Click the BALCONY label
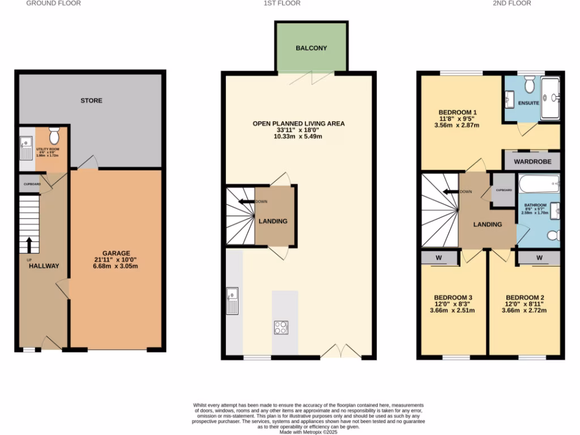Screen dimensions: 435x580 pyautogui.click(x=311, y=48)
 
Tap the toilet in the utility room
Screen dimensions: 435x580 pyautogui.click(x=54, y=136)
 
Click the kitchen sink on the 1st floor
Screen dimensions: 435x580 pyautogui.click(x=232, y=300)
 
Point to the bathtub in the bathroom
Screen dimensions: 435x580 pyautogui.click(x=539, y=184)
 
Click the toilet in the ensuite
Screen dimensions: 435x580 pyautogui.click(x=530, y=85)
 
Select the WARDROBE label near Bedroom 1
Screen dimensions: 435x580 pyautogui.click(x=532, y=161)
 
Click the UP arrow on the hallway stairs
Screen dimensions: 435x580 pyautogui.click(x=29, y=245)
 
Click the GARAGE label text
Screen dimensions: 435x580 pyautogui.click(x=116, y=253)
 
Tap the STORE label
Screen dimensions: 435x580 pyautogui.click(x=91, y=101)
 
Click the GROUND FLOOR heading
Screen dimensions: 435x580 pyautogui.click(x=54, y=3)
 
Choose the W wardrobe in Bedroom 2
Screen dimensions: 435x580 pyautogui.click(x=539, y=258)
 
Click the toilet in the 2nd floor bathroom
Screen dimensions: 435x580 pyautogui.click(x=552, y=234)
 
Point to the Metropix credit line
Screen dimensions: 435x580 pyautogui.click(x=309, y=432)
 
